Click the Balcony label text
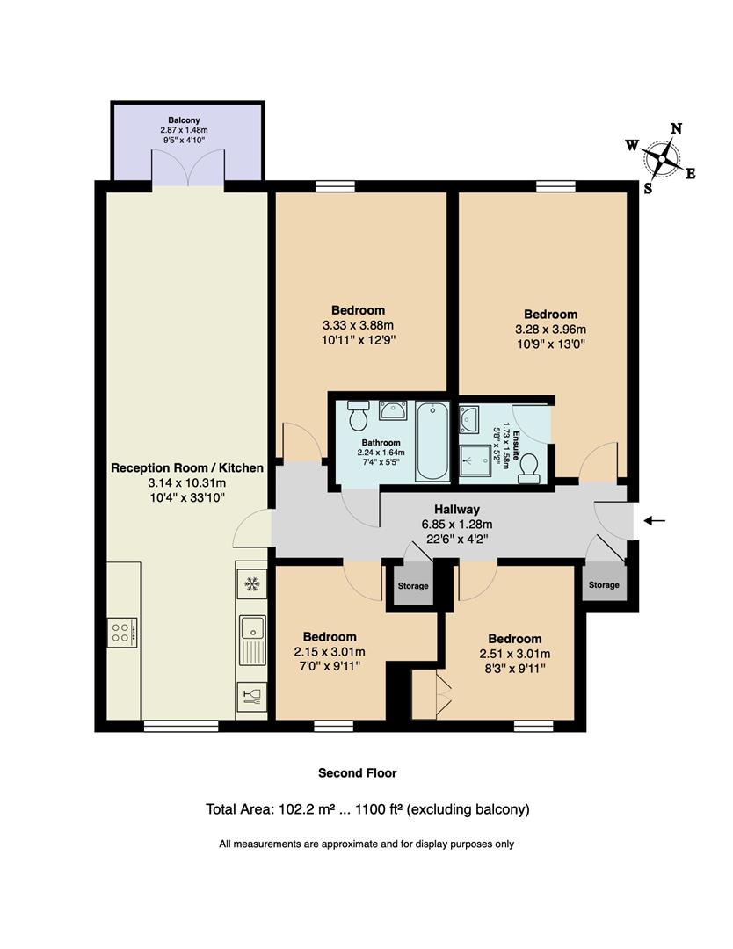184,120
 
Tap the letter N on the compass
677,128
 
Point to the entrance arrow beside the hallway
654,520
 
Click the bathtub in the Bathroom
432,441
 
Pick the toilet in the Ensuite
529,469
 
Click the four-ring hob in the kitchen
121,633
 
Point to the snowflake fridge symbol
251,584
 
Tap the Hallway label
457,510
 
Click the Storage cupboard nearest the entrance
604,584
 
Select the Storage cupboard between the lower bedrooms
413,586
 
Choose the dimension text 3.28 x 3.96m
551,330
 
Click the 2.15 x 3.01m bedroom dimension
330,652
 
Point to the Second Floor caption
358,773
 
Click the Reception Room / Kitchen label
187,467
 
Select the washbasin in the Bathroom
392,410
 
